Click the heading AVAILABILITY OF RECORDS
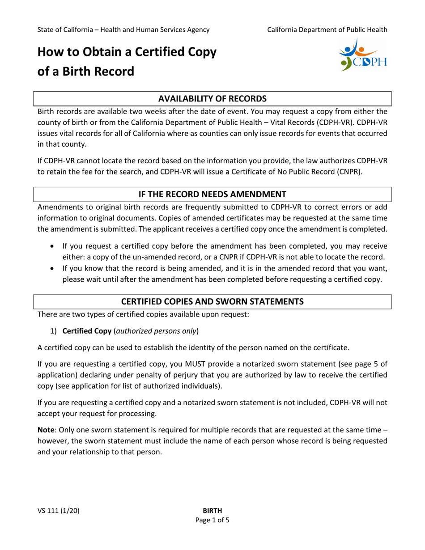point(212,98)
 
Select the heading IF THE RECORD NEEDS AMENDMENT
point(212,194)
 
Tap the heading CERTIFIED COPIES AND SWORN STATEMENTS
point(212,301)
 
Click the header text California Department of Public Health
point(327,30)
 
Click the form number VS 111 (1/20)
point(59,511)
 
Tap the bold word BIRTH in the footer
point(212,511)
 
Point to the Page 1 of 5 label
point(212,520)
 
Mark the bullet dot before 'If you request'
point(54,246)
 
